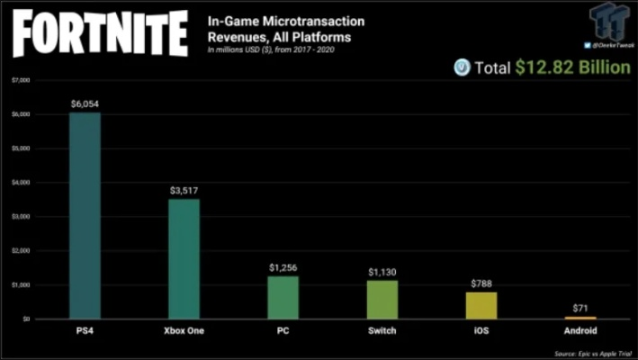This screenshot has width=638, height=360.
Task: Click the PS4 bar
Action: coord(85,216)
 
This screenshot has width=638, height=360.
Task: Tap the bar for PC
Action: coord(283,297)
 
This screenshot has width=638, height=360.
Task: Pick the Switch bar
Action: coord(382,299)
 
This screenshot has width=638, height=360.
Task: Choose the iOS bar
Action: coord(481,305)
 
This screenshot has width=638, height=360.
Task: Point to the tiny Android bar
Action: coord(580,318)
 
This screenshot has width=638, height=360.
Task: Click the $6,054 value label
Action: coord(85,104)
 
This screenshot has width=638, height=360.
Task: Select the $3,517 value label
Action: coord(184,191)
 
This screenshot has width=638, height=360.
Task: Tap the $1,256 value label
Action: coord(283,267)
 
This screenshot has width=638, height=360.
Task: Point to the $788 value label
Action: coord(481,283)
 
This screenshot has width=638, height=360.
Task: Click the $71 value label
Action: coord(580,309)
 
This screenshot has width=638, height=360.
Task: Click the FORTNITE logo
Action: coord(99,34)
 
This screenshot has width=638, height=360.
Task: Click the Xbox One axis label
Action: coord(184,330)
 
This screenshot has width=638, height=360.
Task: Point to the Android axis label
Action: coord(580,330)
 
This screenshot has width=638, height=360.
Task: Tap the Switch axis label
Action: coord(382,330)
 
